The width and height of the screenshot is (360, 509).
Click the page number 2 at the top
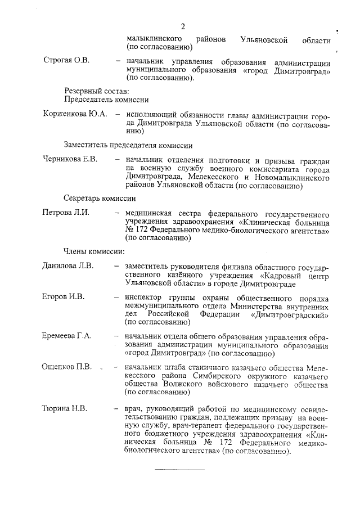tap(183, 26)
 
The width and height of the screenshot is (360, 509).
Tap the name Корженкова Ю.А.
tap(75, 114)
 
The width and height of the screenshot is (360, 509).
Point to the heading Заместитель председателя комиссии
tap(128, 145)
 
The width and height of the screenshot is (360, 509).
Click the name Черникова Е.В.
tap(70, 159)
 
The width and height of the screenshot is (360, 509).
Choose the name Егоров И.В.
tap(64, 296)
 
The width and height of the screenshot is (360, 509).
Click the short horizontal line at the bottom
tap(180, 469)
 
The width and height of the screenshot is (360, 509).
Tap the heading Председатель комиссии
tap(106, 100)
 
